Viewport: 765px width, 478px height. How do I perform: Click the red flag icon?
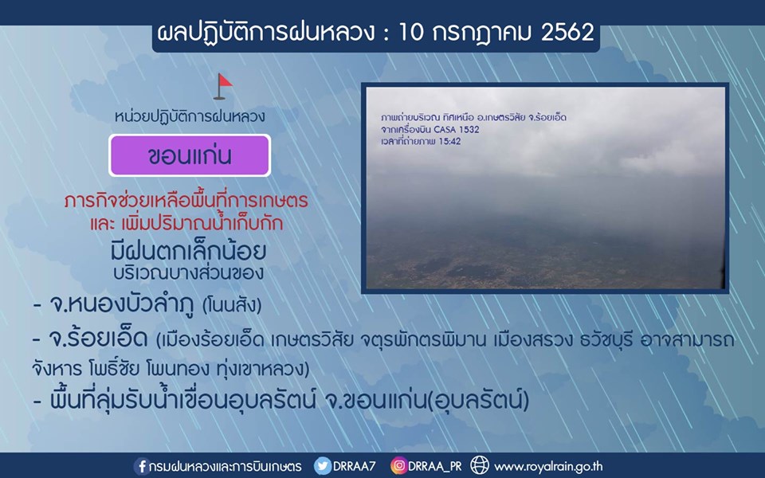tap(223, 86)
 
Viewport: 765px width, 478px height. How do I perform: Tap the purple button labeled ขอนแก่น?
tap(190, 155)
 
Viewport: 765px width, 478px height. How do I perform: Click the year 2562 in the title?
tap(568, 32)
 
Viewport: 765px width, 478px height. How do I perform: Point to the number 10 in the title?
tap(411, 32)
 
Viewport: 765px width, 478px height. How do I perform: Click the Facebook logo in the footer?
tap(142, 466)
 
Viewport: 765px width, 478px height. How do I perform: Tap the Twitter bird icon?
tap(322, 466)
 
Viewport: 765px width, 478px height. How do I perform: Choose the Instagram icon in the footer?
tap(398, 466)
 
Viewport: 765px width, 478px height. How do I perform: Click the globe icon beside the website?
tap(480, 465)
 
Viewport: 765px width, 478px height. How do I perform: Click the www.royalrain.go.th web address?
tap(548, 467)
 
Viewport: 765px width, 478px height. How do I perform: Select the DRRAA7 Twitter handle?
tap(354, 466)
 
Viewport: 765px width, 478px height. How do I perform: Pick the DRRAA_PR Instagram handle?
tap(435, 466)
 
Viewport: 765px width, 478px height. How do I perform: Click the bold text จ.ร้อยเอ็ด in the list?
tap(99, 338)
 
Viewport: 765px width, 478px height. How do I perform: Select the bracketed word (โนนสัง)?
tap(232, 306)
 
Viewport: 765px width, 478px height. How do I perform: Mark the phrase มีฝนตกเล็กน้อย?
tap(188, 251)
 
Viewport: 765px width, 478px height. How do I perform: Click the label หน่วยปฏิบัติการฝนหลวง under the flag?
tap(190, 116)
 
